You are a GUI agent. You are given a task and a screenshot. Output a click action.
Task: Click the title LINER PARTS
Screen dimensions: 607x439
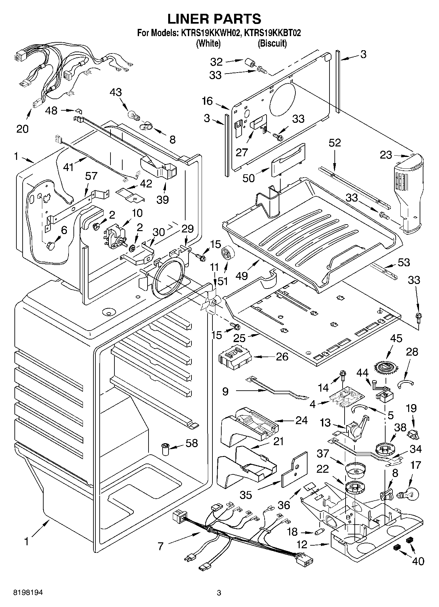coord(214,19)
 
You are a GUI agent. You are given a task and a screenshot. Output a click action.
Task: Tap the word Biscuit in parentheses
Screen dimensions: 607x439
coord(272,43)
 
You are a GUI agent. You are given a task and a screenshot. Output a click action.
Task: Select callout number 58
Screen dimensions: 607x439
coord(192,443)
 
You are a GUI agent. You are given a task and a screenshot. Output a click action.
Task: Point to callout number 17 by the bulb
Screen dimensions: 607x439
coord(415,466)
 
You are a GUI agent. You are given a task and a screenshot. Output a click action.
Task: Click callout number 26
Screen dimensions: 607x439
coord(282,357)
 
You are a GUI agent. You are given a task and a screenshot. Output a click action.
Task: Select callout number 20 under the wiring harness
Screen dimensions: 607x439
coord(22,129)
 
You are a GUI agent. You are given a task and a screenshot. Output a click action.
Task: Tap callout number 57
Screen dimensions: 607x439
coord(91,176)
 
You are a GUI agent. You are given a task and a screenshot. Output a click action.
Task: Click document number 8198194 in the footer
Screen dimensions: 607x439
coord(28,593)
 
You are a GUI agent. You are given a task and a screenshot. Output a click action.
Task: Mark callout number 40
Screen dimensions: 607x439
coord(418,561)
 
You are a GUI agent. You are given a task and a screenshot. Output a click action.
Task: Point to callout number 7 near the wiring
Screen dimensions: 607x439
coord(160,547)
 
